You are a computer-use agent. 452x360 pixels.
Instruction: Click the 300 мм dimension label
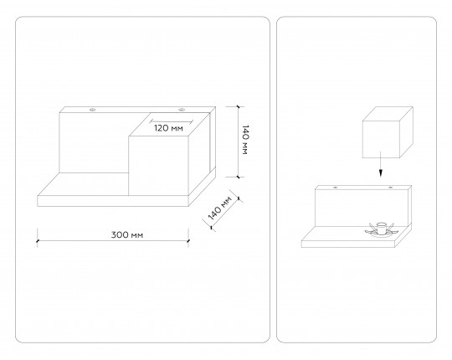(x=127, y=235)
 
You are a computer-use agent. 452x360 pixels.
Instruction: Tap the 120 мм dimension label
(x=168, y=128)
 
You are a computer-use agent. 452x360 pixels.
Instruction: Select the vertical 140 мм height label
(x=245, y=140)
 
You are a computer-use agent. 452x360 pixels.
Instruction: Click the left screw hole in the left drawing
(x=93, y=110)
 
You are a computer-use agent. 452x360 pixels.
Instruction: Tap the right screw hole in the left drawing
(x=182, y=110)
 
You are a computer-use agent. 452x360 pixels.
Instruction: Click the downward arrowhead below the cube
(x=381, y=173)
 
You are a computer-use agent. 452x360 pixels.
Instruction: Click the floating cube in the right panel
(x=388, y=132)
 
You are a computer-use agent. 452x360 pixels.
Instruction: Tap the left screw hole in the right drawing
(x=336, y=188)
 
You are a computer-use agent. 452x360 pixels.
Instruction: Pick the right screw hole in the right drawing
(x=390, y=188)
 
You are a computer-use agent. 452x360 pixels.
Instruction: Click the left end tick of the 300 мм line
(x=37, y=240)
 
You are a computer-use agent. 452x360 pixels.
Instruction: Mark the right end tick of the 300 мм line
(x=188, y=240)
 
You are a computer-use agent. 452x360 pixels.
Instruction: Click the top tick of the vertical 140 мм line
(x=238, y=106)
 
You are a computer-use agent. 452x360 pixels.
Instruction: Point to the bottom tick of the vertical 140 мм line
(x=238, y=177)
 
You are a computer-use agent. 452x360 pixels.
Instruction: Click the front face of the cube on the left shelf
(x=158, y=166)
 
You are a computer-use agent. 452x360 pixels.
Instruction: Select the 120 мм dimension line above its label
(x=172, y=121)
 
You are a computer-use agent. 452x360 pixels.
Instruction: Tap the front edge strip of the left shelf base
(x=113, y=201)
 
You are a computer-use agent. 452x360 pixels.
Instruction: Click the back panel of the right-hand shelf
(x=362, y=206)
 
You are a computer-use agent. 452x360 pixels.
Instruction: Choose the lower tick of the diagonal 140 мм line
(x=212, y=227)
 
